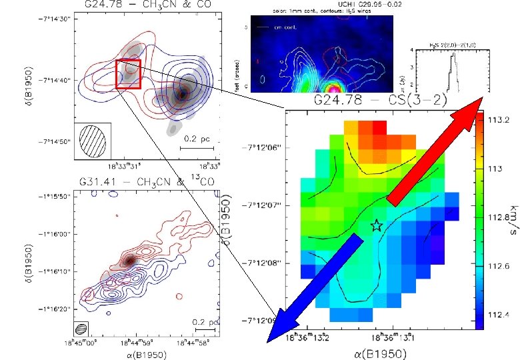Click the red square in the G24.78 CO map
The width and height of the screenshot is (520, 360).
pos(128,74)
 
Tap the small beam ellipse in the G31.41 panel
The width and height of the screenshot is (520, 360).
pos(81,328)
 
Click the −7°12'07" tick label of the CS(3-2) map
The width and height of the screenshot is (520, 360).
pos(260,205)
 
